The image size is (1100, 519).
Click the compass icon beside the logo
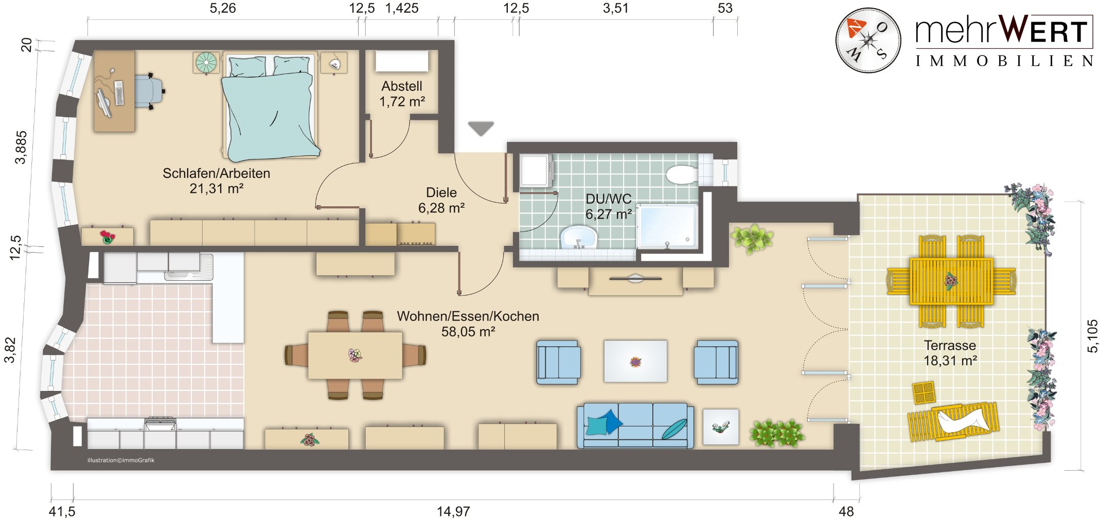coord(868,40)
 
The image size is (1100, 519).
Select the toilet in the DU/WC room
coord(683,174)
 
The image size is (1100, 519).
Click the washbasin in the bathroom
coord(578,238)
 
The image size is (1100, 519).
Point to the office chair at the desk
coord(150,91)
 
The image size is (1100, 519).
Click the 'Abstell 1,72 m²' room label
coord(402,94)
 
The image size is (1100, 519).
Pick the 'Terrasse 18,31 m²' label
coord(950,353)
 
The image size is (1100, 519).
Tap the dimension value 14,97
coord(453,511)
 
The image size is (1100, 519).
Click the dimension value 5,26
coord(223,8)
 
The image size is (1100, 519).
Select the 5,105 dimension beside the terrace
coord(1092,336)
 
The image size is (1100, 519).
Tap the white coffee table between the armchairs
coord(635,361)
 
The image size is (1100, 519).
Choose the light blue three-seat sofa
coord(635,425)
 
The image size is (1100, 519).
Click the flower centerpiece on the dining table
coord(355,355)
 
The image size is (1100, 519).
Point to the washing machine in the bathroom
coord(536,170)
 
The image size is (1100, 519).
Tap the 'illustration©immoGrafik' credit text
coord(121,460)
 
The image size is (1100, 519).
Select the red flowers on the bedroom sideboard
coord(108,237)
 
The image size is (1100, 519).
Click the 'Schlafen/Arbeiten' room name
coord(216,173)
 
